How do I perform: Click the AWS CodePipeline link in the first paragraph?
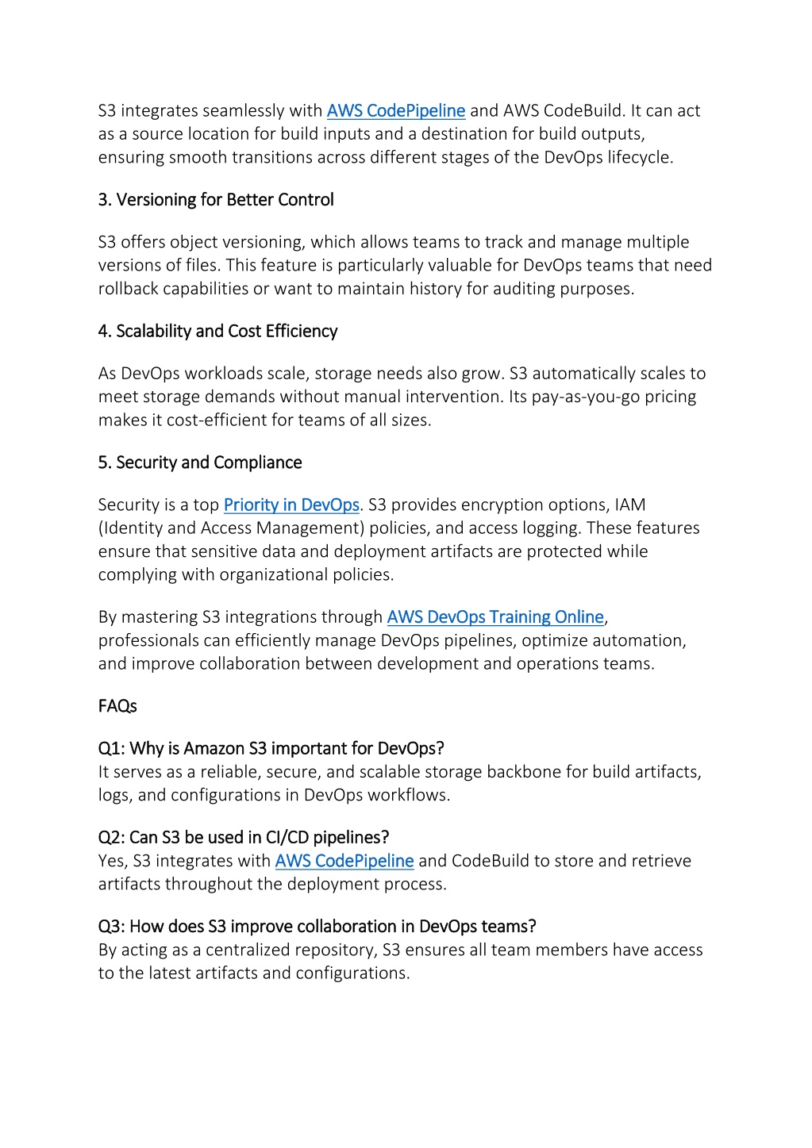(395, 111)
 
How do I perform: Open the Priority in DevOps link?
(291, 505)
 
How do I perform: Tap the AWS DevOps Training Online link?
(495, 617)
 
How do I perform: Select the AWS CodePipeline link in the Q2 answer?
(344, 862)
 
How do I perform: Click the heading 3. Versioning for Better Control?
(216, 200)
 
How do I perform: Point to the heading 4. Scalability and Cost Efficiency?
(217, 332)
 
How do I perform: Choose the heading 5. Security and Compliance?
(200, 463)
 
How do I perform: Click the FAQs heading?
(117, 706)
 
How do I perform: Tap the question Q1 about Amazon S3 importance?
(271, 749)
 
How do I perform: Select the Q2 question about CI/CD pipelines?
(244, 838)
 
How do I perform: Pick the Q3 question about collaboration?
(317, 927)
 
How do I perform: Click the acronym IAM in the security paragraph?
(630, 505)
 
